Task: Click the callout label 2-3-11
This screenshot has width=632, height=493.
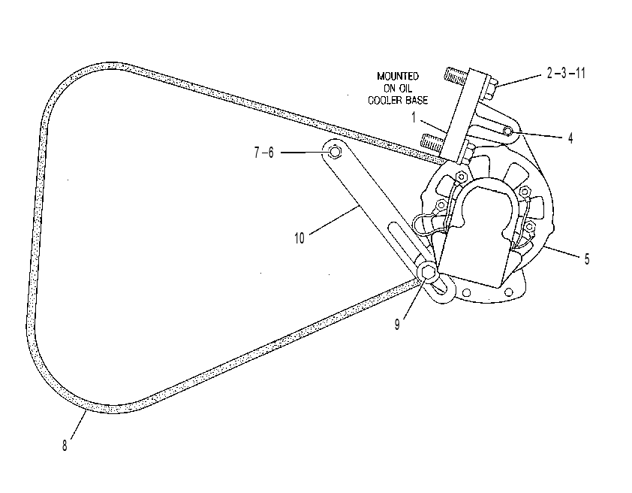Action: tap(566, 74)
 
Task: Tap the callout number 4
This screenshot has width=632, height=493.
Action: tap(570, 138)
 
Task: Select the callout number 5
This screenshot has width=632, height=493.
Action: tap(587, 259)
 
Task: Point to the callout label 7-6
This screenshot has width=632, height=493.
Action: tap(263, 153)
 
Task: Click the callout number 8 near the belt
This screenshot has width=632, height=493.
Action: tap(65, 446)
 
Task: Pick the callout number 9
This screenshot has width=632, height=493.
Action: tap(397, 325)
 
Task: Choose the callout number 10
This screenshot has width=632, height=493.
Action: tap(299, 238)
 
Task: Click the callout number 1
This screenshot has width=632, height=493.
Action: tap(414, 118)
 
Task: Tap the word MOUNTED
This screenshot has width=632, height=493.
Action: tap(398, 76)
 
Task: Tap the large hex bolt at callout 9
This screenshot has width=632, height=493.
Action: tap(428, 273)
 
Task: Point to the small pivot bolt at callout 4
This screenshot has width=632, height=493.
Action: tap(508, 131)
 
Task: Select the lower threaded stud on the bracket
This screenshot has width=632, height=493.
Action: tap(432, 141)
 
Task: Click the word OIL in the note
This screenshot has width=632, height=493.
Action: tap(405, 89)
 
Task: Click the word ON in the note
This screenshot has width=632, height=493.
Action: tap(390, 89)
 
